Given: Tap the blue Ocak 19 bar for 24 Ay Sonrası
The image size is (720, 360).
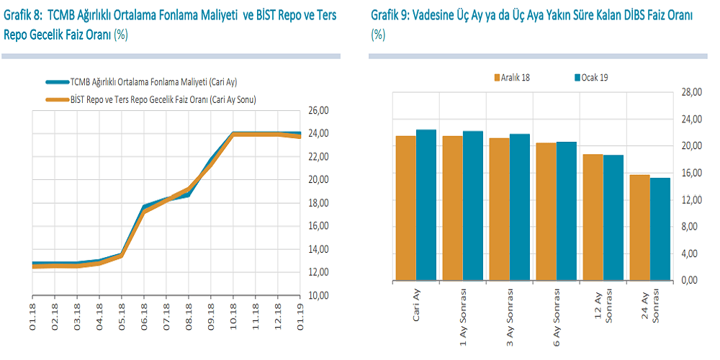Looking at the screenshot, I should (x=660, y=229).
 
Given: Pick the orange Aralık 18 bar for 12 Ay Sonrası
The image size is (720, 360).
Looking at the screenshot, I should (x=592, y=217).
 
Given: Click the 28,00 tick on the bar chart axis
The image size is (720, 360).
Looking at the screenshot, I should (x=690, y=92).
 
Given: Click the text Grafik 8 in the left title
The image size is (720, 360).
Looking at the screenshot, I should (x=22, y=15).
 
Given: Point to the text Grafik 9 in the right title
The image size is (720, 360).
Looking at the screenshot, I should (x=389, y=15).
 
